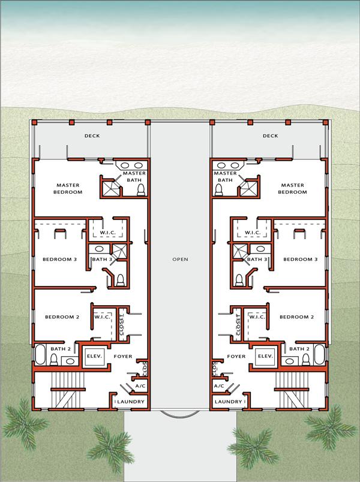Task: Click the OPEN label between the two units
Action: tap(180, 260)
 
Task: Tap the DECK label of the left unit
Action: tap(92, 136)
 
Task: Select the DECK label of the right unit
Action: tap(271, 136)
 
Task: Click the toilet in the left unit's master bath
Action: tap(141, 189)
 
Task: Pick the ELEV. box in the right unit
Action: tap(265, 356)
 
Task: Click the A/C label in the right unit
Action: tap(218, 387)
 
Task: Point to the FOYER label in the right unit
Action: tap(235, 356)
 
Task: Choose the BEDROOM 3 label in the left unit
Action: tap(59, 259)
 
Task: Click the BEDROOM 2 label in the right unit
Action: tap(296, 317)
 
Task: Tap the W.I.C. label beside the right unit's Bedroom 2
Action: tap(256, 317)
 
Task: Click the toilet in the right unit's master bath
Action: tap(220, 189)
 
